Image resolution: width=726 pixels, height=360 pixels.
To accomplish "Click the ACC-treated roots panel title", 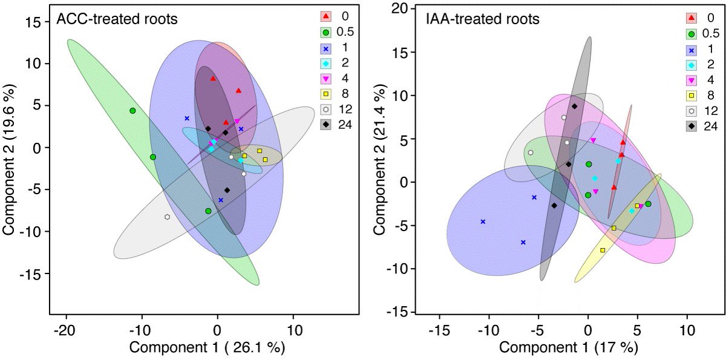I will [x=116, y=19].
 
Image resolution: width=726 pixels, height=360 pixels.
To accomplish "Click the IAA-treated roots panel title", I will [x=480, y=19].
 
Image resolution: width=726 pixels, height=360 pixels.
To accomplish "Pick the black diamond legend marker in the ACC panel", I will [x=326, y=125].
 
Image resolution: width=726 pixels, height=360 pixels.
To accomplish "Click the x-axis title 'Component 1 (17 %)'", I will [x=569, y=348].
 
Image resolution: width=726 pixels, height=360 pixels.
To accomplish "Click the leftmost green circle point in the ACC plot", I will [x=132, y=111].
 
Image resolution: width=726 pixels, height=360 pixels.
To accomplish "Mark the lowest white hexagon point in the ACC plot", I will [x=167, y=217].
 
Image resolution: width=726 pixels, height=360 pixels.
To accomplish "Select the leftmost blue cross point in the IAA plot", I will [x=483, y=221].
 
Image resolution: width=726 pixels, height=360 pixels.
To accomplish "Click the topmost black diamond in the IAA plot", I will [x=574, y=106].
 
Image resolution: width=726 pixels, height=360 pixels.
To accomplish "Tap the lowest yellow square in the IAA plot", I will [x=603, y=250].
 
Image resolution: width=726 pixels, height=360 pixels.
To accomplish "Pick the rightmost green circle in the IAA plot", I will [x=648, y=204].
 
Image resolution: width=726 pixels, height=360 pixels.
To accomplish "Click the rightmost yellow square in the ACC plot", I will [x=265, y=159].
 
